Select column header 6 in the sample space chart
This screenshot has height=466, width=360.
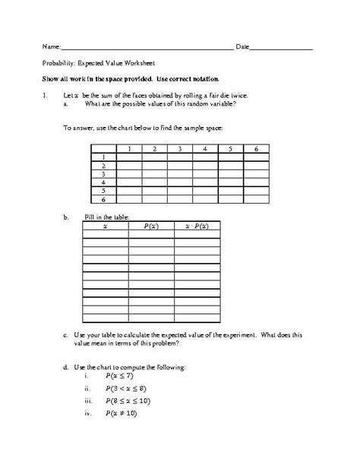(x=256, y=149)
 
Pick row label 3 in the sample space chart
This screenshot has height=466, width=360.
(x=103, y=174)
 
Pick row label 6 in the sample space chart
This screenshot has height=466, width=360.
(x=103, y=198)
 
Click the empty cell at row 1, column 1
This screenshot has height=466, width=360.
(x=130, y=157)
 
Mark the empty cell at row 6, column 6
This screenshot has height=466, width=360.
(x=256, y=198)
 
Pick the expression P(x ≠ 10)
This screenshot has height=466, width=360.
(x=123, y=414)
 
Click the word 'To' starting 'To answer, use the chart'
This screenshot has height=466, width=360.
(x=67, y=128)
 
